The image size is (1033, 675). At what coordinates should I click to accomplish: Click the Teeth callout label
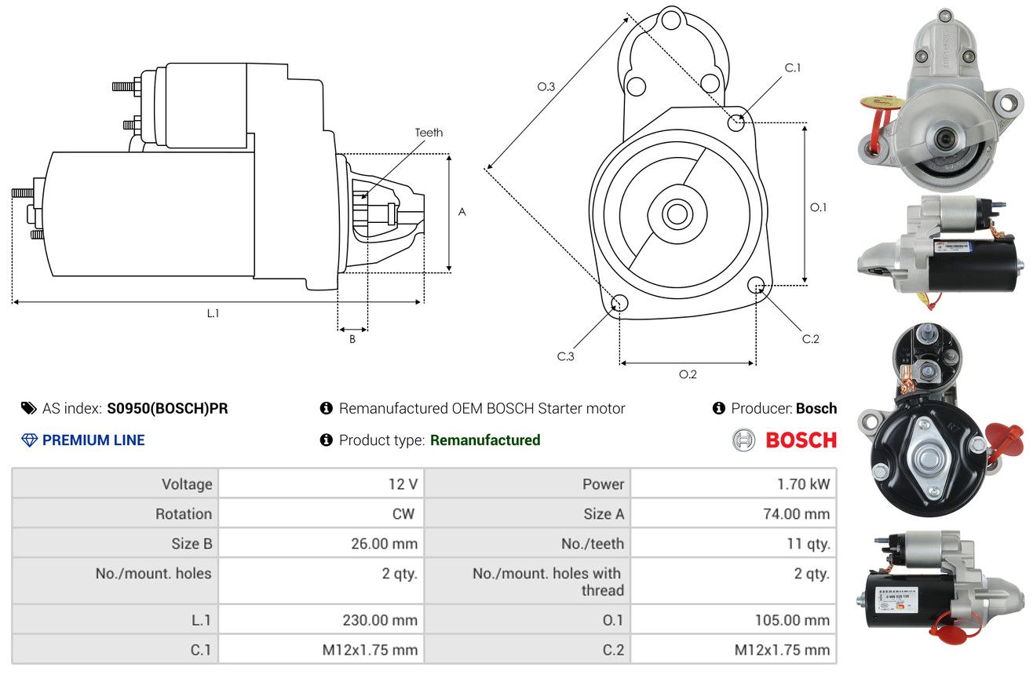(429, 133)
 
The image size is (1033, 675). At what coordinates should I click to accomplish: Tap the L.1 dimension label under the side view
(213, 313)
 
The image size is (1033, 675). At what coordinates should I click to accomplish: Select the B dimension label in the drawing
(352, 339)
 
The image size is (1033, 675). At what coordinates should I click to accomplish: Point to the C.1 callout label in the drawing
(792, 67)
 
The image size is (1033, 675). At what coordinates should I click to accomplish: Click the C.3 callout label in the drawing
(565, 356)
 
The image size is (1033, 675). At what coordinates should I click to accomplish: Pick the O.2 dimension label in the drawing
(688, 374)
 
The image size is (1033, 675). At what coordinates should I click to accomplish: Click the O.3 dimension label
(546, 86)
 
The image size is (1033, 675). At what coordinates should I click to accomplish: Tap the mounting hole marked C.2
(756, 285)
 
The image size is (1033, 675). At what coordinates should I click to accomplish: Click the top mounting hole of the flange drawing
(671, 20)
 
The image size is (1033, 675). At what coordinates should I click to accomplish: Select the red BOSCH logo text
(801, 440)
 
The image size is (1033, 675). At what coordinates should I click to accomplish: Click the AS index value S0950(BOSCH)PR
(167, 408)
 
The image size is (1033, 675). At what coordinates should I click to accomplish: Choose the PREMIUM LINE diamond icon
(30, 440)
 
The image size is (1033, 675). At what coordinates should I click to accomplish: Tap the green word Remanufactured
(485, 440)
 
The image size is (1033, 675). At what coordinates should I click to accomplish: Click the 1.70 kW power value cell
(734, 483)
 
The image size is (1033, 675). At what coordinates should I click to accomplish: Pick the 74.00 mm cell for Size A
(734, 513)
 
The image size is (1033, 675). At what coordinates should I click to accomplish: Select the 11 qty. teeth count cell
(734, 544)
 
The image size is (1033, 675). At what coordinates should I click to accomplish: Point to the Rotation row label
(184, 513)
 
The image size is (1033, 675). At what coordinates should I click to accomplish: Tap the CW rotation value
(403, 513)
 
